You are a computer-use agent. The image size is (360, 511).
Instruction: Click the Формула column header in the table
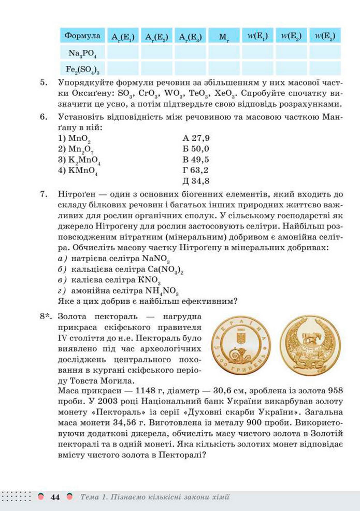click(82, 36)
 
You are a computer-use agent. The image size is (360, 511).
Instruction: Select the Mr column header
click(223, 36)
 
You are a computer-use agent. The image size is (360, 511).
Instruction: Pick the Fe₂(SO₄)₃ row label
click(82, 68)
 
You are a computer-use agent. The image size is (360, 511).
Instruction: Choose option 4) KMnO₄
click(78, 170)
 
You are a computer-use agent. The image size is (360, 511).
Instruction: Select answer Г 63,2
click(195, 170)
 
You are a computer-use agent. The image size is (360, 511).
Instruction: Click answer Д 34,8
click(196, 181)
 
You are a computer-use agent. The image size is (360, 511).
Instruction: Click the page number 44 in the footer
click(55, 498)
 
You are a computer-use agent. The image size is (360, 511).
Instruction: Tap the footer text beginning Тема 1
click(155, 498)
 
